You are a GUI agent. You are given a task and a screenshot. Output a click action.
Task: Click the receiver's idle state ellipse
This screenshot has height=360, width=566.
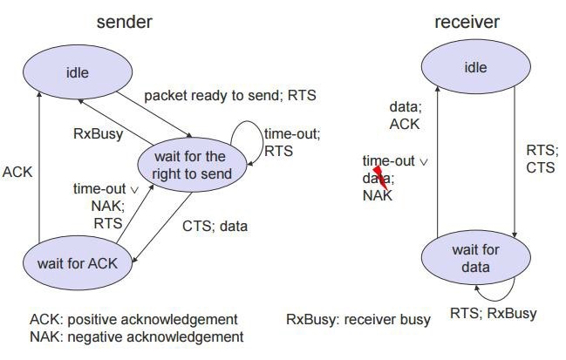[x=474, y=67]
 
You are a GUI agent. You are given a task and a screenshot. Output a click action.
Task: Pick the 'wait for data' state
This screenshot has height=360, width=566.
[x=475, y=258]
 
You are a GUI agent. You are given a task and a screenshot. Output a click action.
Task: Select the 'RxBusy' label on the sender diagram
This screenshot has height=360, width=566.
[x=97, y=135]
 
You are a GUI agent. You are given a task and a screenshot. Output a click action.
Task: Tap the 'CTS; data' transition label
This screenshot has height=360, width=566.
[x=215, y=227]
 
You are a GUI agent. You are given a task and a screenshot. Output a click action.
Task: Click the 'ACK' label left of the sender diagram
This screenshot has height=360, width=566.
[x=17, y=172]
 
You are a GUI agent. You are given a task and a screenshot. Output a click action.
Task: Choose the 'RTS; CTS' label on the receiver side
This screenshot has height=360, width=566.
[x=541, y=159]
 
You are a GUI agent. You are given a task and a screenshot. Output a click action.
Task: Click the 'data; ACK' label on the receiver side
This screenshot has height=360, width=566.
[x=404, y=116]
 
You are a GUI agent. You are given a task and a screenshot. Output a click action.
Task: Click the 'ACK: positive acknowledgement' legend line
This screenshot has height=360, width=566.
[x=133, y=319]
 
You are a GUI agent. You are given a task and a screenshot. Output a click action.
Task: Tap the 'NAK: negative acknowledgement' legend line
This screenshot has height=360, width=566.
[x=136, y=336]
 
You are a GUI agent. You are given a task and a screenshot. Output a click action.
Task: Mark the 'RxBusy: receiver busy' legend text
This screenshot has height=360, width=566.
[x=358, y=319]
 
